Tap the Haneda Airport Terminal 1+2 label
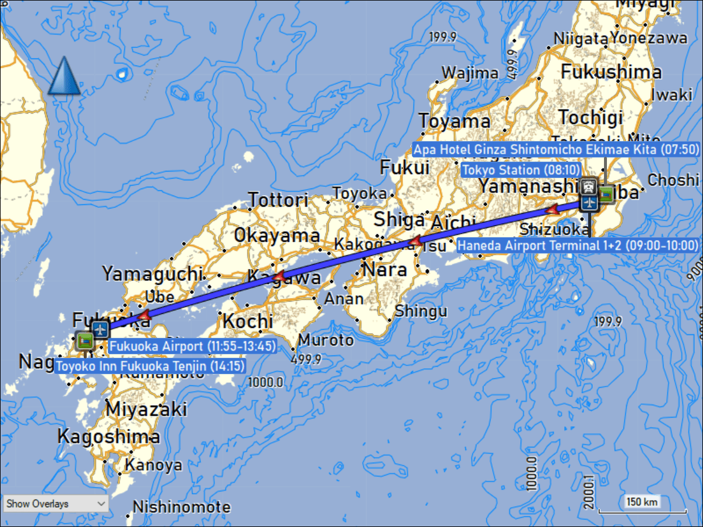pyautogui.click(x=578, y=245)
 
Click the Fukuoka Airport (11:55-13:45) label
pyautogui.click(x=192, y=347)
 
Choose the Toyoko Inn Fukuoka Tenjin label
pyautogui.click(x=150, y=367)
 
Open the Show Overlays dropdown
pyautogui.click(x=56, y=504)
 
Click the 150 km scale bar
pyautogui.click(x=642, y=502)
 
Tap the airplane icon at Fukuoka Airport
pyautogui.click(x=100, y=330)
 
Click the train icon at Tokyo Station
pyautogui.click(x=589, y=186)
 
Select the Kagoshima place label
pyautogui.click(x=108, y=437)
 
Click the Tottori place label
pyautogui.click(x=278, y=200)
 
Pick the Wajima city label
pyautogui.click(x=470, y=73)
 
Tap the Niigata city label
pyautogui.click(x=580, y=39)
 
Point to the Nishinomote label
pyautogui.click(x=182, y=507)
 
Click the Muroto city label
pyautogui.click(x=326, y=340)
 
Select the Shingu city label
pyautogui.click(x=421, y=311)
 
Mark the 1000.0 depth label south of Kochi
pyautogui.click(x=265, y=382)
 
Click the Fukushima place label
pyautogui.click(x=612, y=72)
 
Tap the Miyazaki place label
pyautogui.click(x=146, y=409)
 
